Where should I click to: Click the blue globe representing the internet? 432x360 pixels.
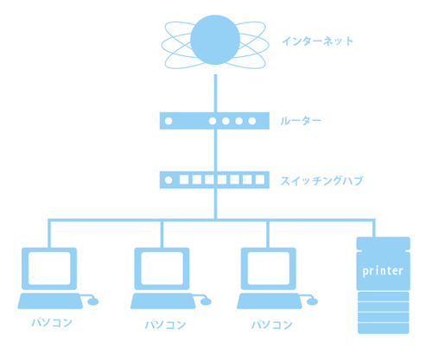[215, 40]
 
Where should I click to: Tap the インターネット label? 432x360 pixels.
[317, 41]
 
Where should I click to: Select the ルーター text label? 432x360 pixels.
[301, 121]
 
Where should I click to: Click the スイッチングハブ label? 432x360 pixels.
[321, 180]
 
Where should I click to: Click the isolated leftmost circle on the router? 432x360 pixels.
[168, 121]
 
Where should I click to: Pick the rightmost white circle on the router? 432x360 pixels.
[252, 121]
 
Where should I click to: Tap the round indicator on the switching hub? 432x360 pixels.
[168, 180]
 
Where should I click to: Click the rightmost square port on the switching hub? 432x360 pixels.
[260, 180]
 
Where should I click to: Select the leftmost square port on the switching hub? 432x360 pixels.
[184, 180]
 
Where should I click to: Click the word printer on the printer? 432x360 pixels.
[383, 271]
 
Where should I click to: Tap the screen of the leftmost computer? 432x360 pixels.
[49, 268]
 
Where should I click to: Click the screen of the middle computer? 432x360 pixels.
[162, 268]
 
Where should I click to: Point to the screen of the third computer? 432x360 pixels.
[269, 268]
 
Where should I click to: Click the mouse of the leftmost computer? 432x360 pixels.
[93, 301]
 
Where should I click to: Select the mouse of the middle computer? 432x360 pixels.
[206, 301]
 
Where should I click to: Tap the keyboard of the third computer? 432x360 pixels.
[270, 301]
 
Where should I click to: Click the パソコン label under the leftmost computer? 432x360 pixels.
[52, 322]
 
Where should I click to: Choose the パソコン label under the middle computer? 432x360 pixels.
[165, 325]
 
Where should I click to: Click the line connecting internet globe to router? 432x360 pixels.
[215, 93]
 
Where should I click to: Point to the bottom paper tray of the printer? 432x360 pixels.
[384, 328]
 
